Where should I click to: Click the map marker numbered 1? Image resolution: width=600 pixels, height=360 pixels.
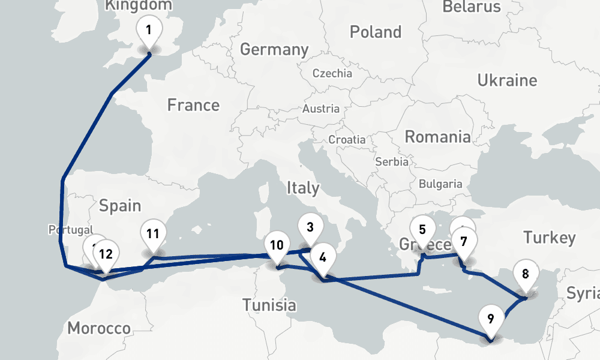pos(149,30)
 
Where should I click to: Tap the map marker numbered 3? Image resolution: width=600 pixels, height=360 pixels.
pos(310,228)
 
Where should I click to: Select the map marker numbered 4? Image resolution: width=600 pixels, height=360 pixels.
pos(323,259)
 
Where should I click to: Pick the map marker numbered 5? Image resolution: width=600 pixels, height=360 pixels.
pos(422,230)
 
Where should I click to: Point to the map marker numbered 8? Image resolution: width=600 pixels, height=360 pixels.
pos(526,275)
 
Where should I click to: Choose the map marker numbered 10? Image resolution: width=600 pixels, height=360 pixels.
pos(277,245)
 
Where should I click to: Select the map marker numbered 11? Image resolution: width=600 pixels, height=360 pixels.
pos(152,234)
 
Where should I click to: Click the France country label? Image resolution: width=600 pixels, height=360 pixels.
pos(193,106)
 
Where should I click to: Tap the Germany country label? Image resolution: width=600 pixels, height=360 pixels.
pos(274,49)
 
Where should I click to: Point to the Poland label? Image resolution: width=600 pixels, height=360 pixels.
pos(376,32)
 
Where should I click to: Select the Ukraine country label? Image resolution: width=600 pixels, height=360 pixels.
pos(507,80)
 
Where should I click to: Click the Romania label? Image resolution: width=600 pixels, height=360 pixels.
pos(437,137)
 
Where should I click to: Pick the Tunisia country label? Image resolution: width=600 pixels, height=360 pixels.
pos(269,305)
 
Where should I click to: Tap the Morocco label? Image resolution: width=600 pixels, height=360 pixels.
pos(99,328)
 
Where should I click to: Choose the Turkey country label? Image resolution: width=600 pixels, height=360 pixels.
pos(549,238)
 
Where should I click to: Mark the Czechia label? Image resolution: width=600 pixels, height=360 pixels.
pos(332,73)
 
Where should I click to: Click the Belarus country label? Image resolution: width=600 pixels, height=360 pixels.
pos(472,7)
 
